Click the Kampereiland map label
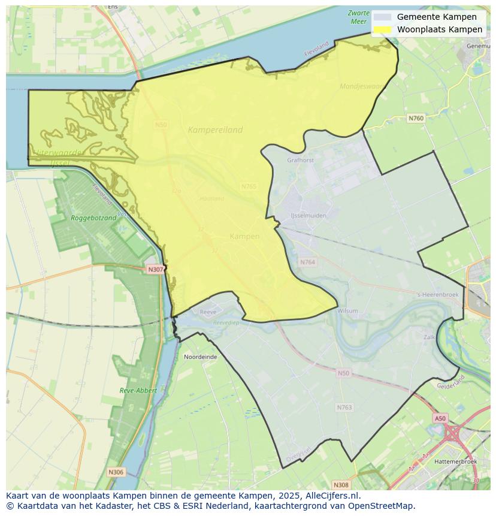(215, 129)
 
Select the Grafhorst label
(300, 160)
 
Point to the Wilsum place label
(347, 311)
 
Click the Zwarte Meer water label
(358, 17)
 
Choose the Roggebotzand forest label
(93, 218)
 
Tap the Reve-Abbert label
(138, 390)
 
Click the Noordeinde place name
(201, 357)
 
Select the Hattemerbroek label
(456, 461)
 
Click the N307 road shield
(155, 270)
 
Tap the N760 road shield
(416, 119)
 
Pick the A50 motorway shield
(440, 418)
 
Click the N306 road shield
(116, 472)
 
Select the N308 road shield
(340, 485)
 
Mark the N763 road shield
(344, 408)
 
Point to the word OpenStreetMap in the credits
(384, 506)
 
